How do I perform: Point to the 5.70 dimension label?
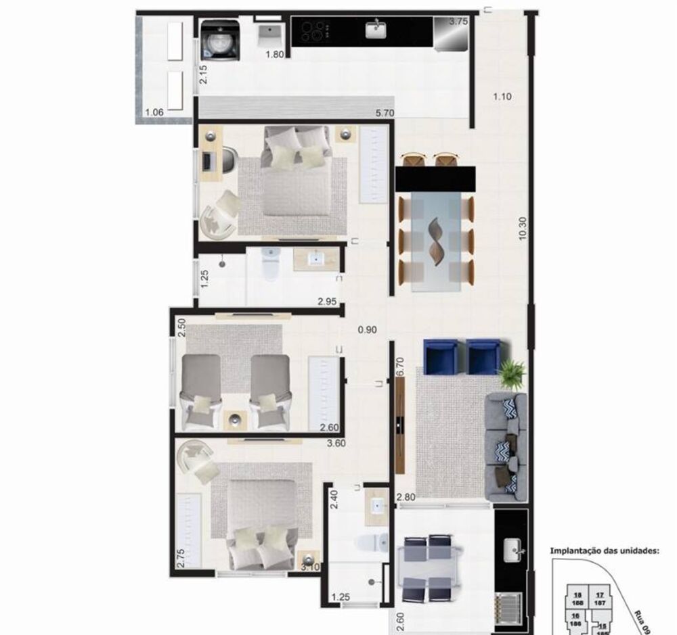386,114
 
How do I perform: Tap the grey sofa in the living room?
505,446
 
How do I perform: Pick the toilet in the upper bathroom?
270,265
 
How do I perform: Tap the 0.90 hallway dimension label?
368,330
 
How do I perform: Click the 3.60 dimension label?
336,444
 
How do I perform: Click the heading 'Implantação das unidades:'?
605,550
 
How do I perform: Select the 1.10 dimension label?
502,97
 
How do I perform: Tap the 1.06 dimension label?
154,112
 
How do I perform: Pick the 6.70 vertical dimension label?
399,367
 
